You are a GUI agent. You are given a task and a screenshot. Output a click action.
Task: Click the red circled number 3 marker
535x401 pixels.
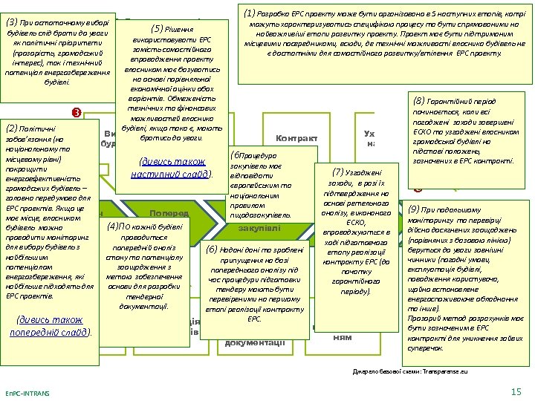click(x=74, y=112)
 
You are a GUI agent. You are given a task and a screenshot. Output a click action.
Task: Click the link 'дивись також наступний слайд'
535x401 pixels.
click(x=171, y=169)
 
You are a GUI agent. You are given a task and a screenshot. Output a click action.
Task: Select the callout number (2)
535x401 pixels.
click(x=11, y=127)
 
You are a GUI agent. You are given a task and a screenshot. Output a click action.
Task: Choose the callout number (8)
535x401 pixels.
click(x=421, y=100)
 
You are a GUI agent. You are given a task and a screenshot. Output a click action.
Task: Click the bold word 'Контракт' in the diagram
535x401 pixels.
click(x=296, y=138)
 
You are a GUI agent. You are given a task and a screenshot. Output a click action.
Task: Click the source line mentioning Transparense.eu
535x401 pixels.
click(x=409, y=369)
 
